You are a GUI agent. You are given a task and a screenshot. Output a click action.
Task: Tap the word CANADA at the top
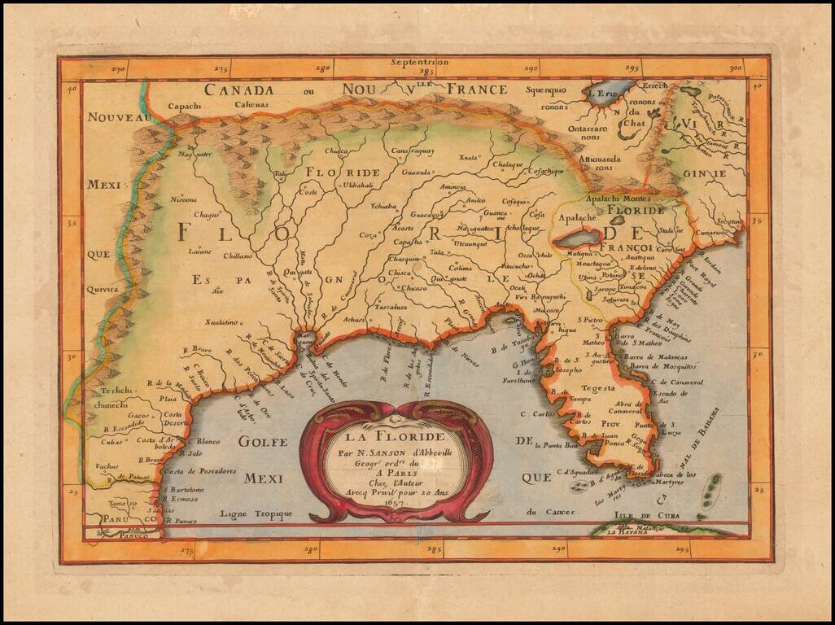[x=238, y=90]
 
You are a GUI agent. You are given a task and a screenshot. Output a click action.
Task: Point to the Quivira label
[x=102, y=288]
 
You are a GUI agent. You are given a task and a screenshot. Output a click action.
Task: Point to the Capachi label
[x=184, y=107]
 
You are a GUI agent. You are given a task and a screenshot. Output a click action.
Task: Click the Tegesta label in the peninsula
[x=598, y=389]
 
